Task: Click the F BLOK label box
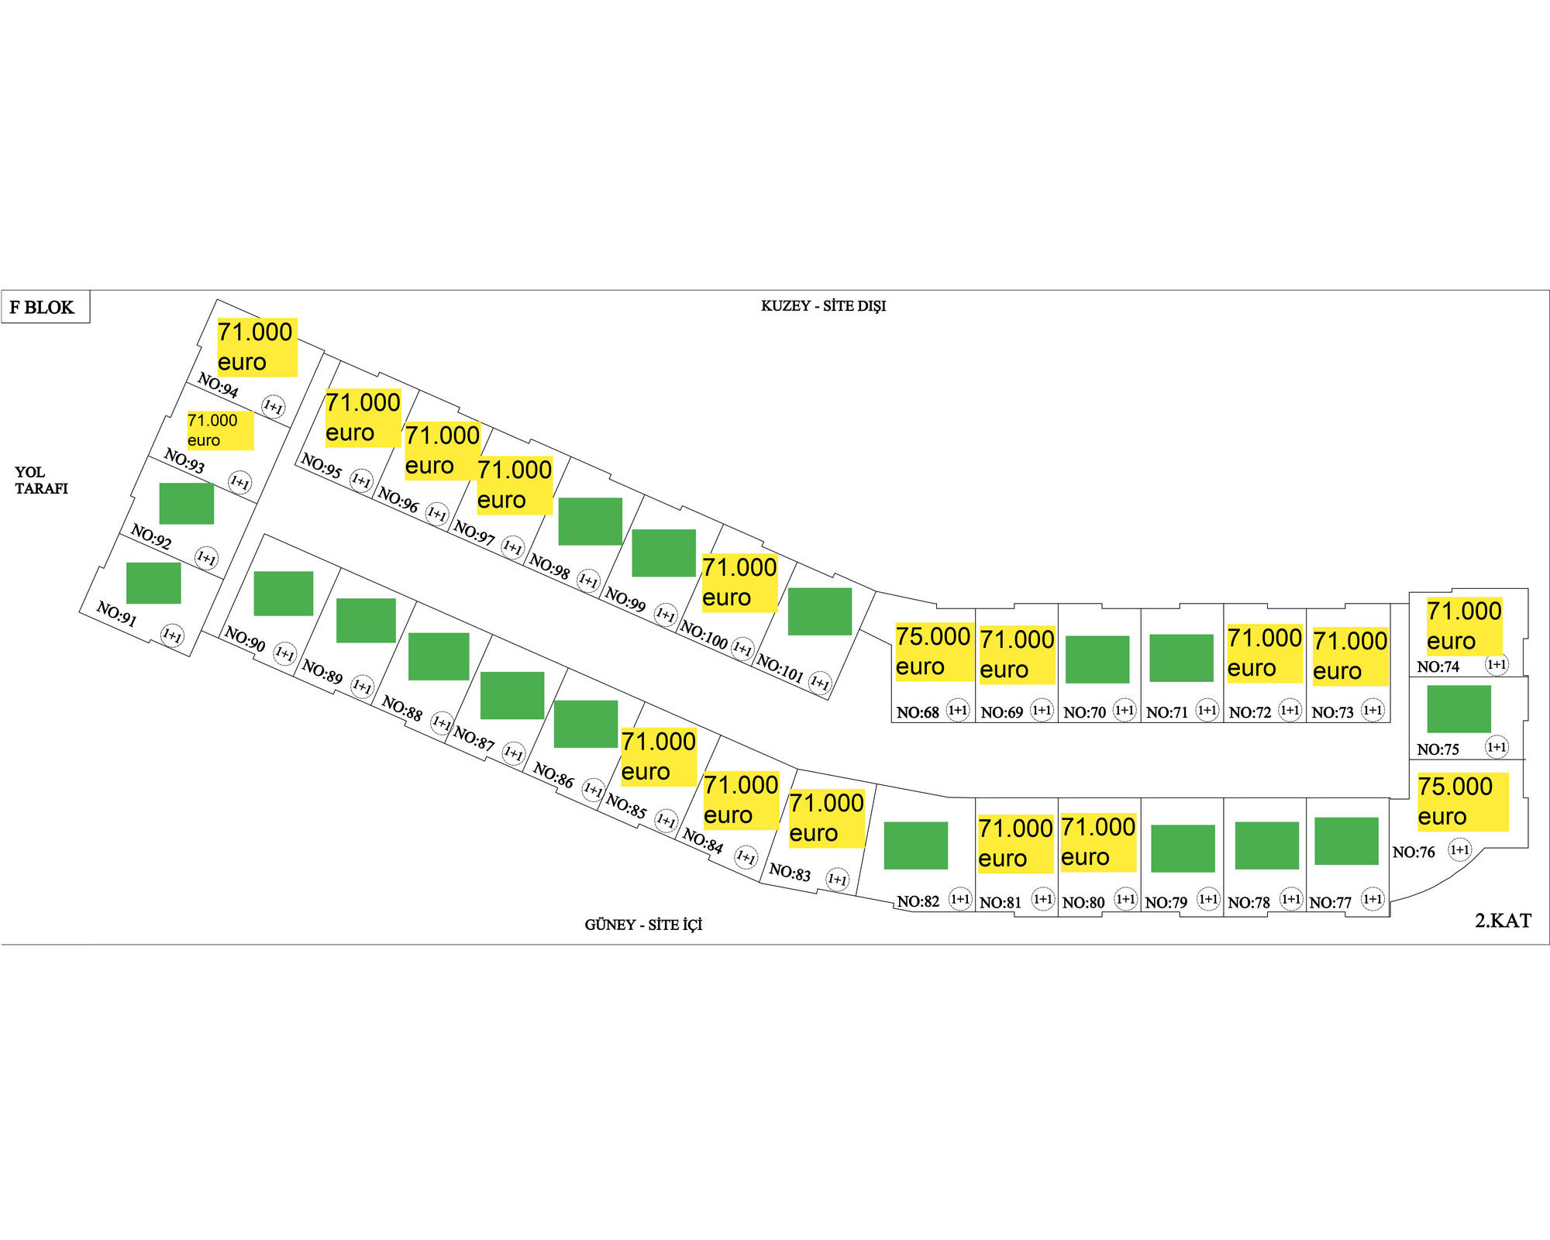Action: coord(45,307)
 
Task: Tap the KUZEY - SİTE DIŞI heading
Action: coord(823,306)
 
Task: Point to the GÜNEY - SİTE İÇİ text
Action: coord(643,925)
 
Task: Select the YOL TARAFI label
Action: coord(41,480)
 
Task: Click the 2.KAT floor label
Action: coord(1503,921)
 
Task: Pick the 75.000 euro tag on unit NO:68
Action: coord(933,651)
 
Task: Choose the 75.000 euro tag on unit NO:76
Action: coord(1462,801)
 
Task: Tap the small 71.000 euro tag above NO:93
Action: coord(219,430)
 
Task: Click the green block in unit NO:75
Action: coord(1459,708)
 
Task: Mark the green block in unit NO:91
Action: coord(153,583)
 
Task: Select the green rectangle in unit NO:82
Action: coord(915,845)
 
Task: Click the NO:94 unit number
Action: coord(218,384)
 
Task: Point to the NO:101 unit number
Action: coord(779,667)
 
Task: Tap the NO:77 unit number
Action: coord(1330,903)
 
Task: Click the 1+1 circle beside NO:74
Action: coord(1497,664)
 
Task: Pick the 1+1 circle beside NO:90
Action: coord(284,653)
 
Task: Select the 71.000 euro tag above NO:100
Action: coord(739,583)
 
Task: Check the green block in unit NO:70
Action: coord(1097,659)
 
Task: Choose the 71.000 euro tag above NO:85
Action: coord(658,756)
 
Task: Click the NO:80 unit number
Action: coord(1083,903)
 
